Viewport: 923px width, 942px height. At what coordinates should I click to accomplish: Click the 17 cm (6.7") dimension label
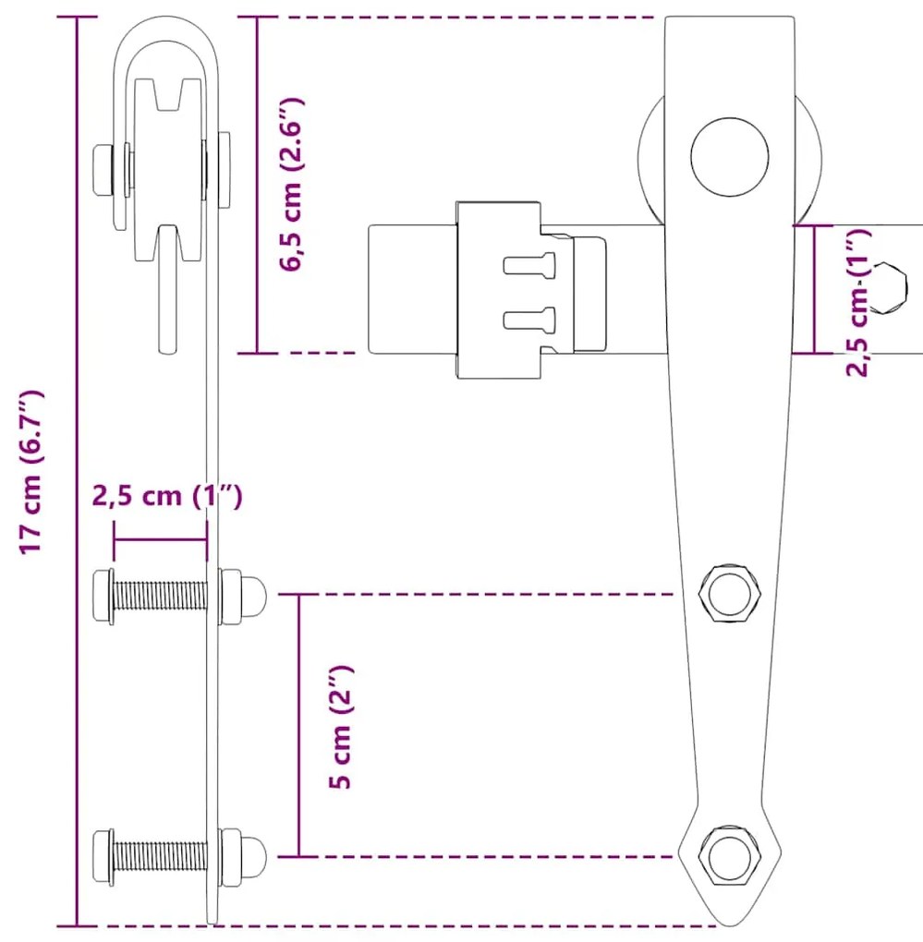[x=32, y=472]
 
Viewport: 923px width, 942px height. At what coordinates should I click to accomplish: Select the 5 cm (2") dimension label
[x=341, y=726]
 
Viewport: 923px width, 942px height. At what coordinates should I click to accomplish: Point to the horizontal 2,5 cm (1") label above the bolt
[x=167, y=496]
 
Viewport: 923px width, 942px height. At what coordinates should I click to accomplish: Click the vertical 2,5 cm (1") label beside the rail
[x=858, y=303]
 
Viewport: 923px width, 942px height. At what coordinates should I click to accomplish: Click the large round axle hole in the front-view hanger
[x=730, y=157]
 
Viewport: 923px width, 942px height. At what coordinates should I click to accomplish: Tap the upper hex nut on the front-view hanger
[x=730, y=594]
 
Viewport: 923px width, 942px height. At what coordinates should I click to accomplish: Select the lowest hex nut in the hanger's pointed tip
[x=730, y=856]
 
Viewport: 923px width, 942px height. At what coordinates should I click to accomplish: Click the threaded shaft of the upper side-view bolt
[x=160, y=596]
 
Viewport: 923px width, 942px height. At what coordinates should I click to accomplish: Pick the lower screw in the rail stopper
[x=528, y=319]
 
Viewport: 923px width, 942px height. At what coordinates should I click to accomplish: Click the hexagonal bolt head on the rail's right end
[x=888, y=287]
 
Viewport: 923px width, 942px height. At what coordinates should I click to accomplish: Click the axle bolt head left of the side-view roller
[x=103, y=169]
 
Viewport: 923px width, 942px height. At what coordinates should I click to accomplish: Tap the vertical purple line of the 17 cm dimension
[x=77, y=472]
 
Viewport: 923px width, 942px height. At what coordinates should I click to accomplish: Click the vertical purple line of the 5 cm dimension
[x=299, y=725]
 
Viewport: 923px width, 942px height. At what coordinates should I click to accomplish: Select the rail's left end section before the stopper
[x=413, y=289]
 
